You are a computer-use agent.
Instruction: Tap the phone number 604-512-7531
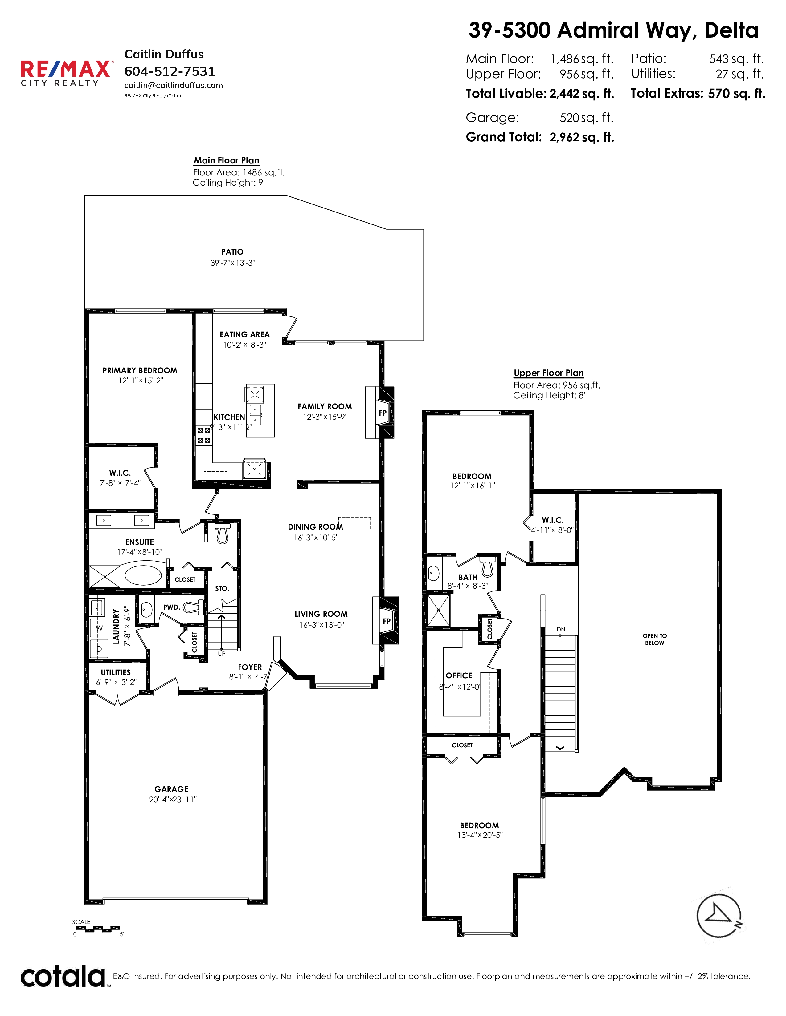[170, 71]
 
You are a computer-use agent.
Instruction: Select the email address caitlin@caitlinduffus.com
[174, 85]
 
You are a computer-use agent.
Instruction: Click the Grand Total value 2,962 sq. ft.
[582, 137]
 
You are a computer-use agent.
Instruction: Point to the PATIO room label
[232, 252]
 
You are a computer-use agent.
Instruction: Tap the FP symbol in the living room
[387, 621]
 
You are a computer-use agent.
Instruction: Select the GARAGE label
[171, 789]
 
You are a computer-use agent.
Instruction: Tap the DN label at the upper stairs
[561, 629]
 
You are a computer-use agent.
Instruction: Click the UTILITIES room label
[116, 672]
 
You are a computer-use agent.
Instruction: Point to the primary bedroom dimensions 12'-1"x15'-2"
[141, 381]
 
